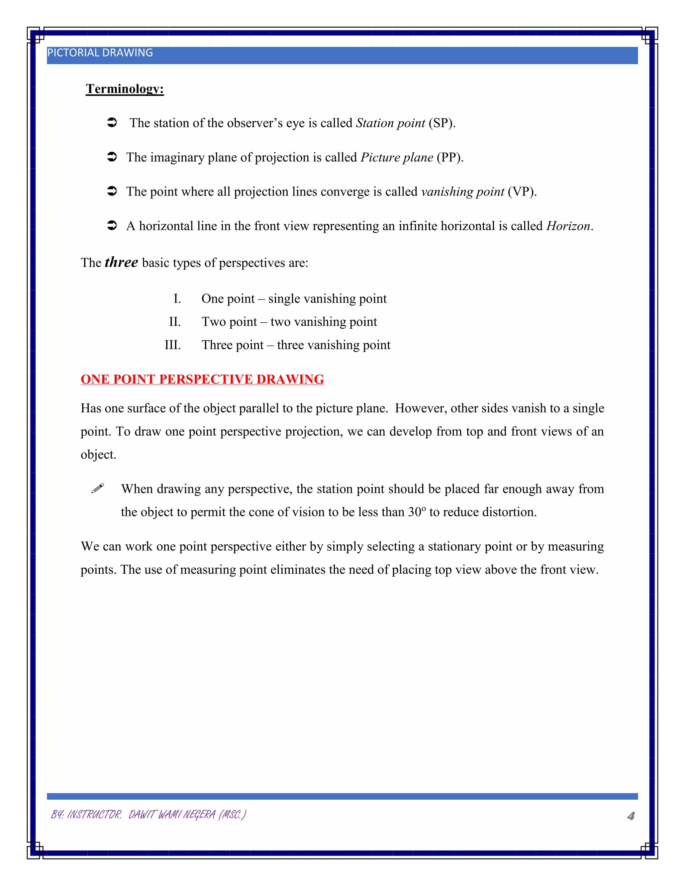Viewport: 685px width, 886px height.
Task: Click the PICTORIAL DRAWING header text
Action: point(100,53)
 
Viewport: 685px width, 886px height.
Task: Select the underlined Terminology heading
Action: point(124,89)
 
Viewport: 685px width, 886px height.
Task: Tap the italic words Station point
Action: point(390,123)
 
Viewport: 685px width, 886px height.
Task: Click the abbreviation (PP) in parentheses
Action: point(450,157)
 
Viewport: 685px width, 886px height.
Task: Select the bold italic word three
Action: point(121,262)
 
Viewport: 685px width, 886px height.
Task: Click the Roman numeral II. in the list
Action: point(175,322)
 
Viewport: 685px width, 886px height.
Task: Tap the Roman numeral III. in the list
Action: point(173,345)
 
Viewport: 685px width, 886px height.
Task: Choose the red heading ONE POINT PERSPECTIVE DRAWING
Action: point(202,379)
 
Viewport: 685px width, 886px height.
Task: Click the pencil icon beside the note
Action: point(98,488)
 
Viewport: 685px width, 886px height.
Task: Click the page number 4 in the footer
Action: point(630,816)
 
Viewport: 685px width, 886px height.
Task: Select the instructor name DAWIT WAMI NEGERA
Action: point(172,814)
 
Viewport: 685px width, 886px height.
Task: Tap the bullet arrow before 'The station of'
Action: point(112,122)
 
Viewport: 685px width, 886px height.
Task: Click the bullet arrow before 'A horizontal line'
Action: point(112,226)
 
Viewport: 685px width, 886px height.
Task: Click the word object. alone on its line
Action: point(98,454)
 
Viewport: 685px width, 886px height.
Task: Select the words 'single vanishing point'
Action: point(327,299)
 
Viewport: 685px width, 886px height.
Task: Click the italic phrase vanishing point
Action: point(463,192)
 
